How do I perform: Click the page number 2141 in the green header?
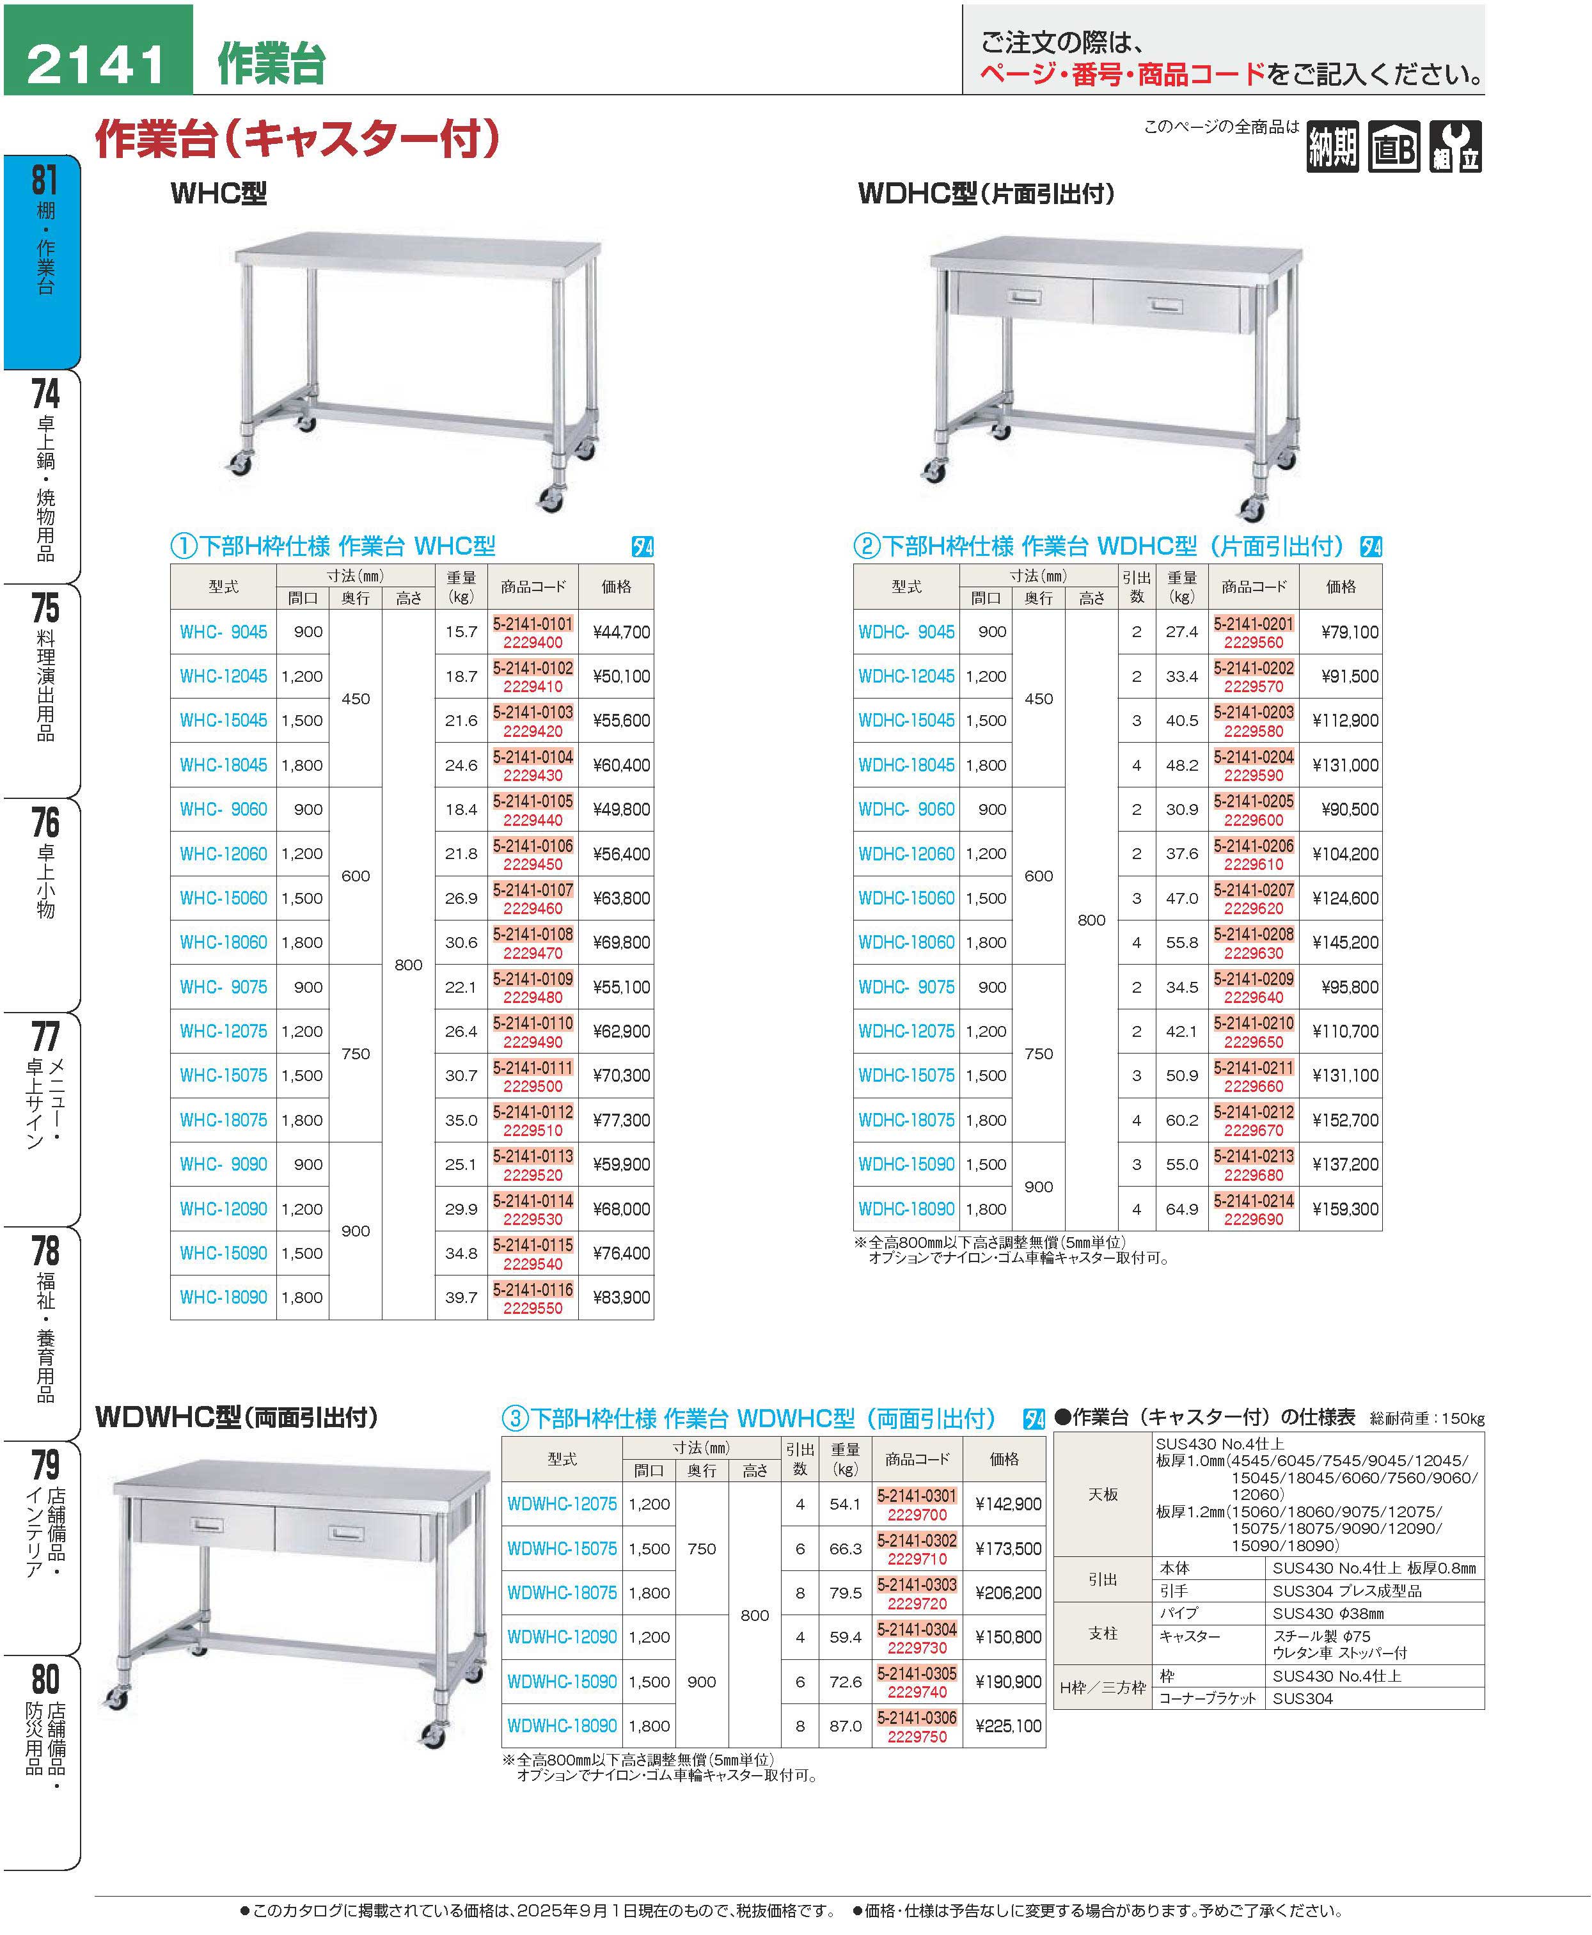click(x=97, y=64)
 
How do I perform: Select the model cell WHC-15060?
click(x=223, y=899)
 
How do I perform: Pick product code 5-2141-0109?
click(x=533, y=979)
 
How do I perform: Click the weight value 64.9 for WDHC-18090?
click(x=1182, y=1210)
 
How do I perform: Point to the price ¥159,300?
click(x=1344, y=1210)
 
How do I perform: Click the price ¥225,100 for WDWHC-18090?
click(x=1008, y=1726)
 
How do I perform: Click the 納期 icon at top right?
click(x=1332, y=146)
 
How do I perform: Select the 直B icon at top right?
click(x=1394, y=146)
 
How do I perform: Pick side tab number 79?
click(x=44, y=1465)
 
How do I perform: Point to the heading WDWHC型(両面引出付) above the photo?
click(x=237, y=1417)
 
